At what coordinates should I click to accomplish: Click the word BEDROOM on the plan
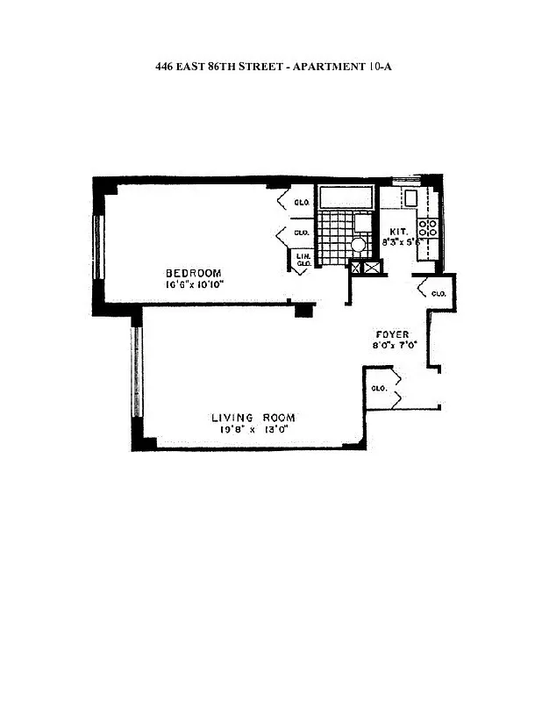[x=193, y=273]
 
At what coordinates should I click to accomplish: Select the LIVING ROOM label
[x=253, y=418]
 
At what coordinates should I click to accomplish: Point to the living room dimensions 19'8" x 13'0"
[x=253, y=430]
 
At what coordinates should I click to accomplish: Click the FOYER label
[x=392, y=334]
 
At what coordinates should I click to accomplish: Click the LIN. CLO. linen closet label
[x=303, y=259]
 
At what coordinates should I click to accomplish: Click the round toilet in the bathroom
[x=358, y=245]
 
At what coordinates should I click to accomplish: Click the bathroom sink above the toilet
[x=363, y=222]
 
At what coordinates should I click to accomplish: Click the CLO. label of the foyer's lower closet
[x=379, y=388]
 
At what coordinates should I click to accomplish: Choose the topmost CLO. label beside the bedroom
[x=301, y=202]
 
